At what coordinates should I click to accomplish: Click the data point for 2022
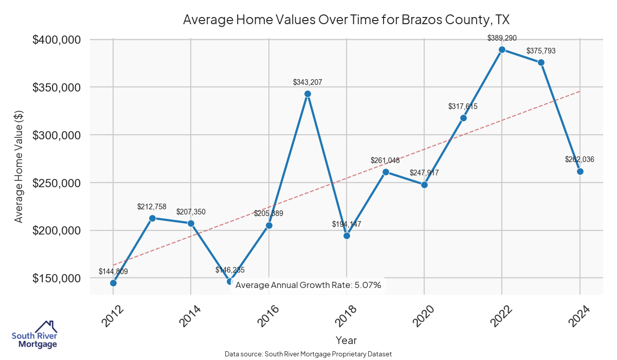pyautogui.click(x=502, y=50)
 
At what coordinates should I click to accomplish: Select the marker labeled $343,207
pyautogui.click(x=307, y=94)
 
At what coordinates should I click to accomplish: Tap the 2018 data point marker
pyautogui.click(x=347, y=236)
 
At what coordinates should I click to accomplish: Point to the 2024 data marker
pyautogui.click(x=580, y=171)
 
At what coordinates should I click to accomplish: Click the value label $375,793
pyautogui.click(x=541, y=51)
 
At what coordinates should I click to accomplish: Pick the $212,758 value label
pyautogui.click(x=152, y=207)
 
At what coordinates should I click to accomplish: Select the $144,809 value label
pyautogui.click(x=113, y=272)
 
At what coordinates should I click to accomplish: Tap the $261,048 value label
pyautogui.click(x=385, y=160)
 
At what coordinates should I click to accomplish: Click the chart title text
pyautogui.click(x=346, y=20)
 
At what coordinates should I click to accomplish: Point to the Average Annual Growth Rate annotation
pyautogui.click(x=308, y=285)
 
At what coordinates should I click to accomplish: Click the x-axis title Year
pyautogui.click(x=346, y=340)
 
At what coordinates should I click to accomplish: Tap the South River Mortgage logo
pyautogui.click(x=34, y=335)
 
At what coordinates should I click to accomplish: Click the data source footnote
pyautogui.click(x=308, y=354)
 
